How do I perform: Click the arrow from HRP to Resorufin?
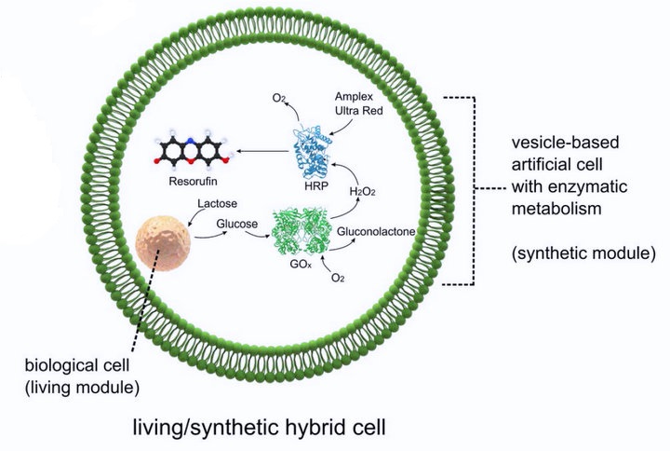(256, 148)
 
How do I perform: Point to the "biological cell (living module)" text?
(70, 372)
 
